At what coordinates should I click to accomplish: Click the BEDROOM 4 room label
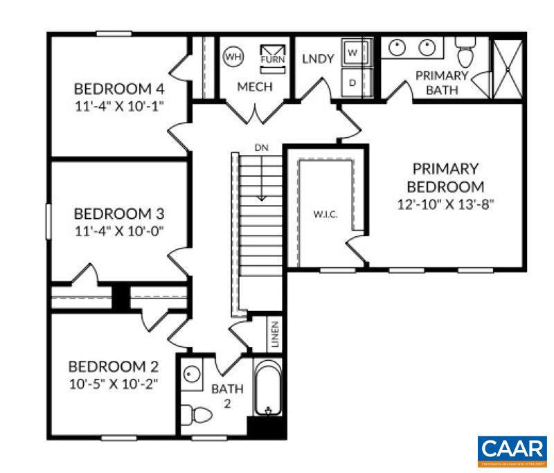pos(119,89)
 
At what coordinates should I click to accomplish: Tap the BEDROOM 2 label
pos(113,366)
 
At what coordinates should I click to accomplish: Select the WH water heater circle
pos(233,56)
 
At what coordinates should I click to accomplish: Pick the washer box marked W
pos(354,53)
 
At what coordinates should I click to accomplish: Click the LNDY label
pos(319,59)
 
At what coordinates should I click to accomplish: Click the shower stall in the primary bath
pos(508,68)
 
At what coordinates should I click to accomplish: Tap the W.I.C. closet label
pos(325,215)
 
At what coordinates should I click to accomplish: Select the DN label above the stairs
pos(260,148)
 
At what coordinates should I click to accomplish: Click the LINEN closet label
pos(275,334)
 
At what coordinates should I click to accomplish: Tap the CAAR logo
pos(512,449)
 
